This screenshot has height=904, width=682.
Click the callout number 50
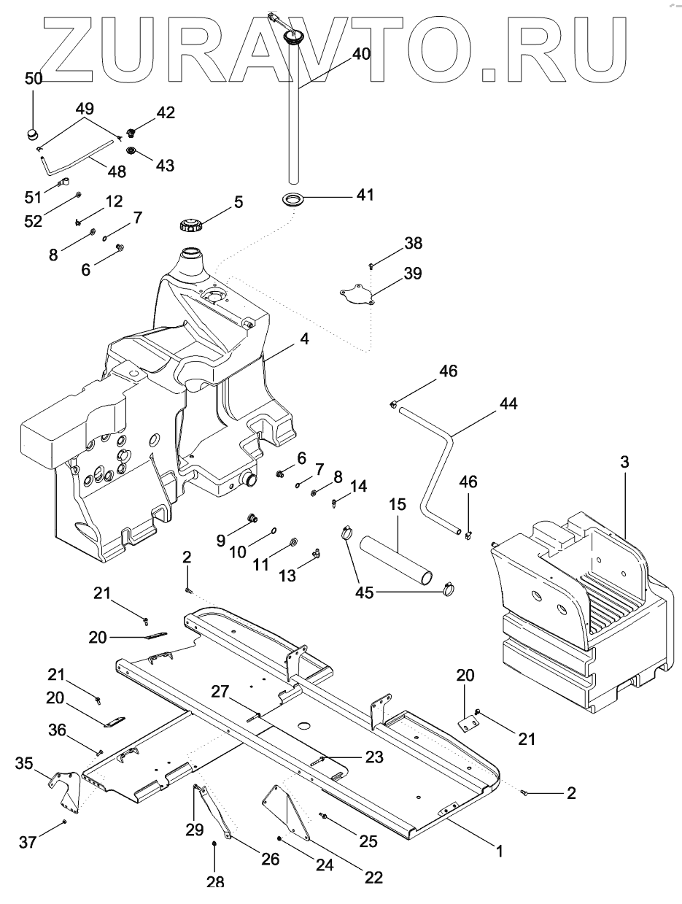click(34, 79)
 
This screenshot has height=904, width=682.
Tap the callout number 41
click(365, 195)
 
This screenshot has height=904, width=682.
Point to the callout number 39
click(412, 274)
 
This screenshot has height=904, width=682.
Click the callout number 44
click(508, 403)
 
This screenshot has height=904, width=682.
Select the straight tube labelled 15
click(394, 558)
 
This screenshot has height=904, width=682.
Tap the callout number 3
click(624, 461)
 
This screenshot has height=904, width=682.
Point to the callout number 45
click(365, 592)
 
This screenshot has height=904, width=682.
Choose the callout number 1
click(500, 850)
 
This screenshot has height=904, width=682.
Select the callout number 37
click(28, 843)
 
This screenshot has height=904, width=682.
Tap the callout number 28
click(215, 882)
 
